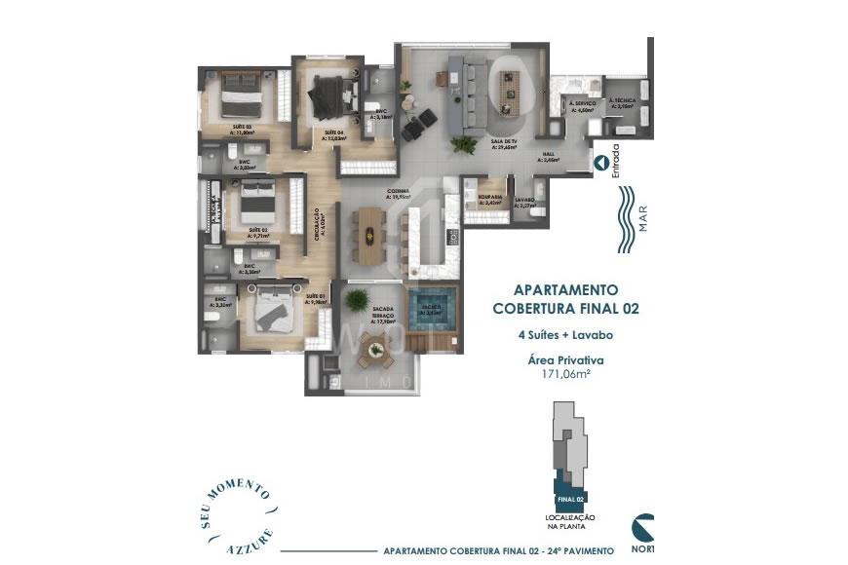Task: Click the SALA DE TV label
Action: [503, 142]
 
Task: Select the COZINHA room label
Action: [397, 192]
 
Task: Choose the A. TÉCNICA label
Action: [623, 101]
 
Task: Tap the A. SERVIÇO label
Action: [583, 103]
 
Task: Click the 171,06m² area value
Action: [565, 374]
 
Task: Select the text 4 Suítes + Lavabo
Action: [565, 335]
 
